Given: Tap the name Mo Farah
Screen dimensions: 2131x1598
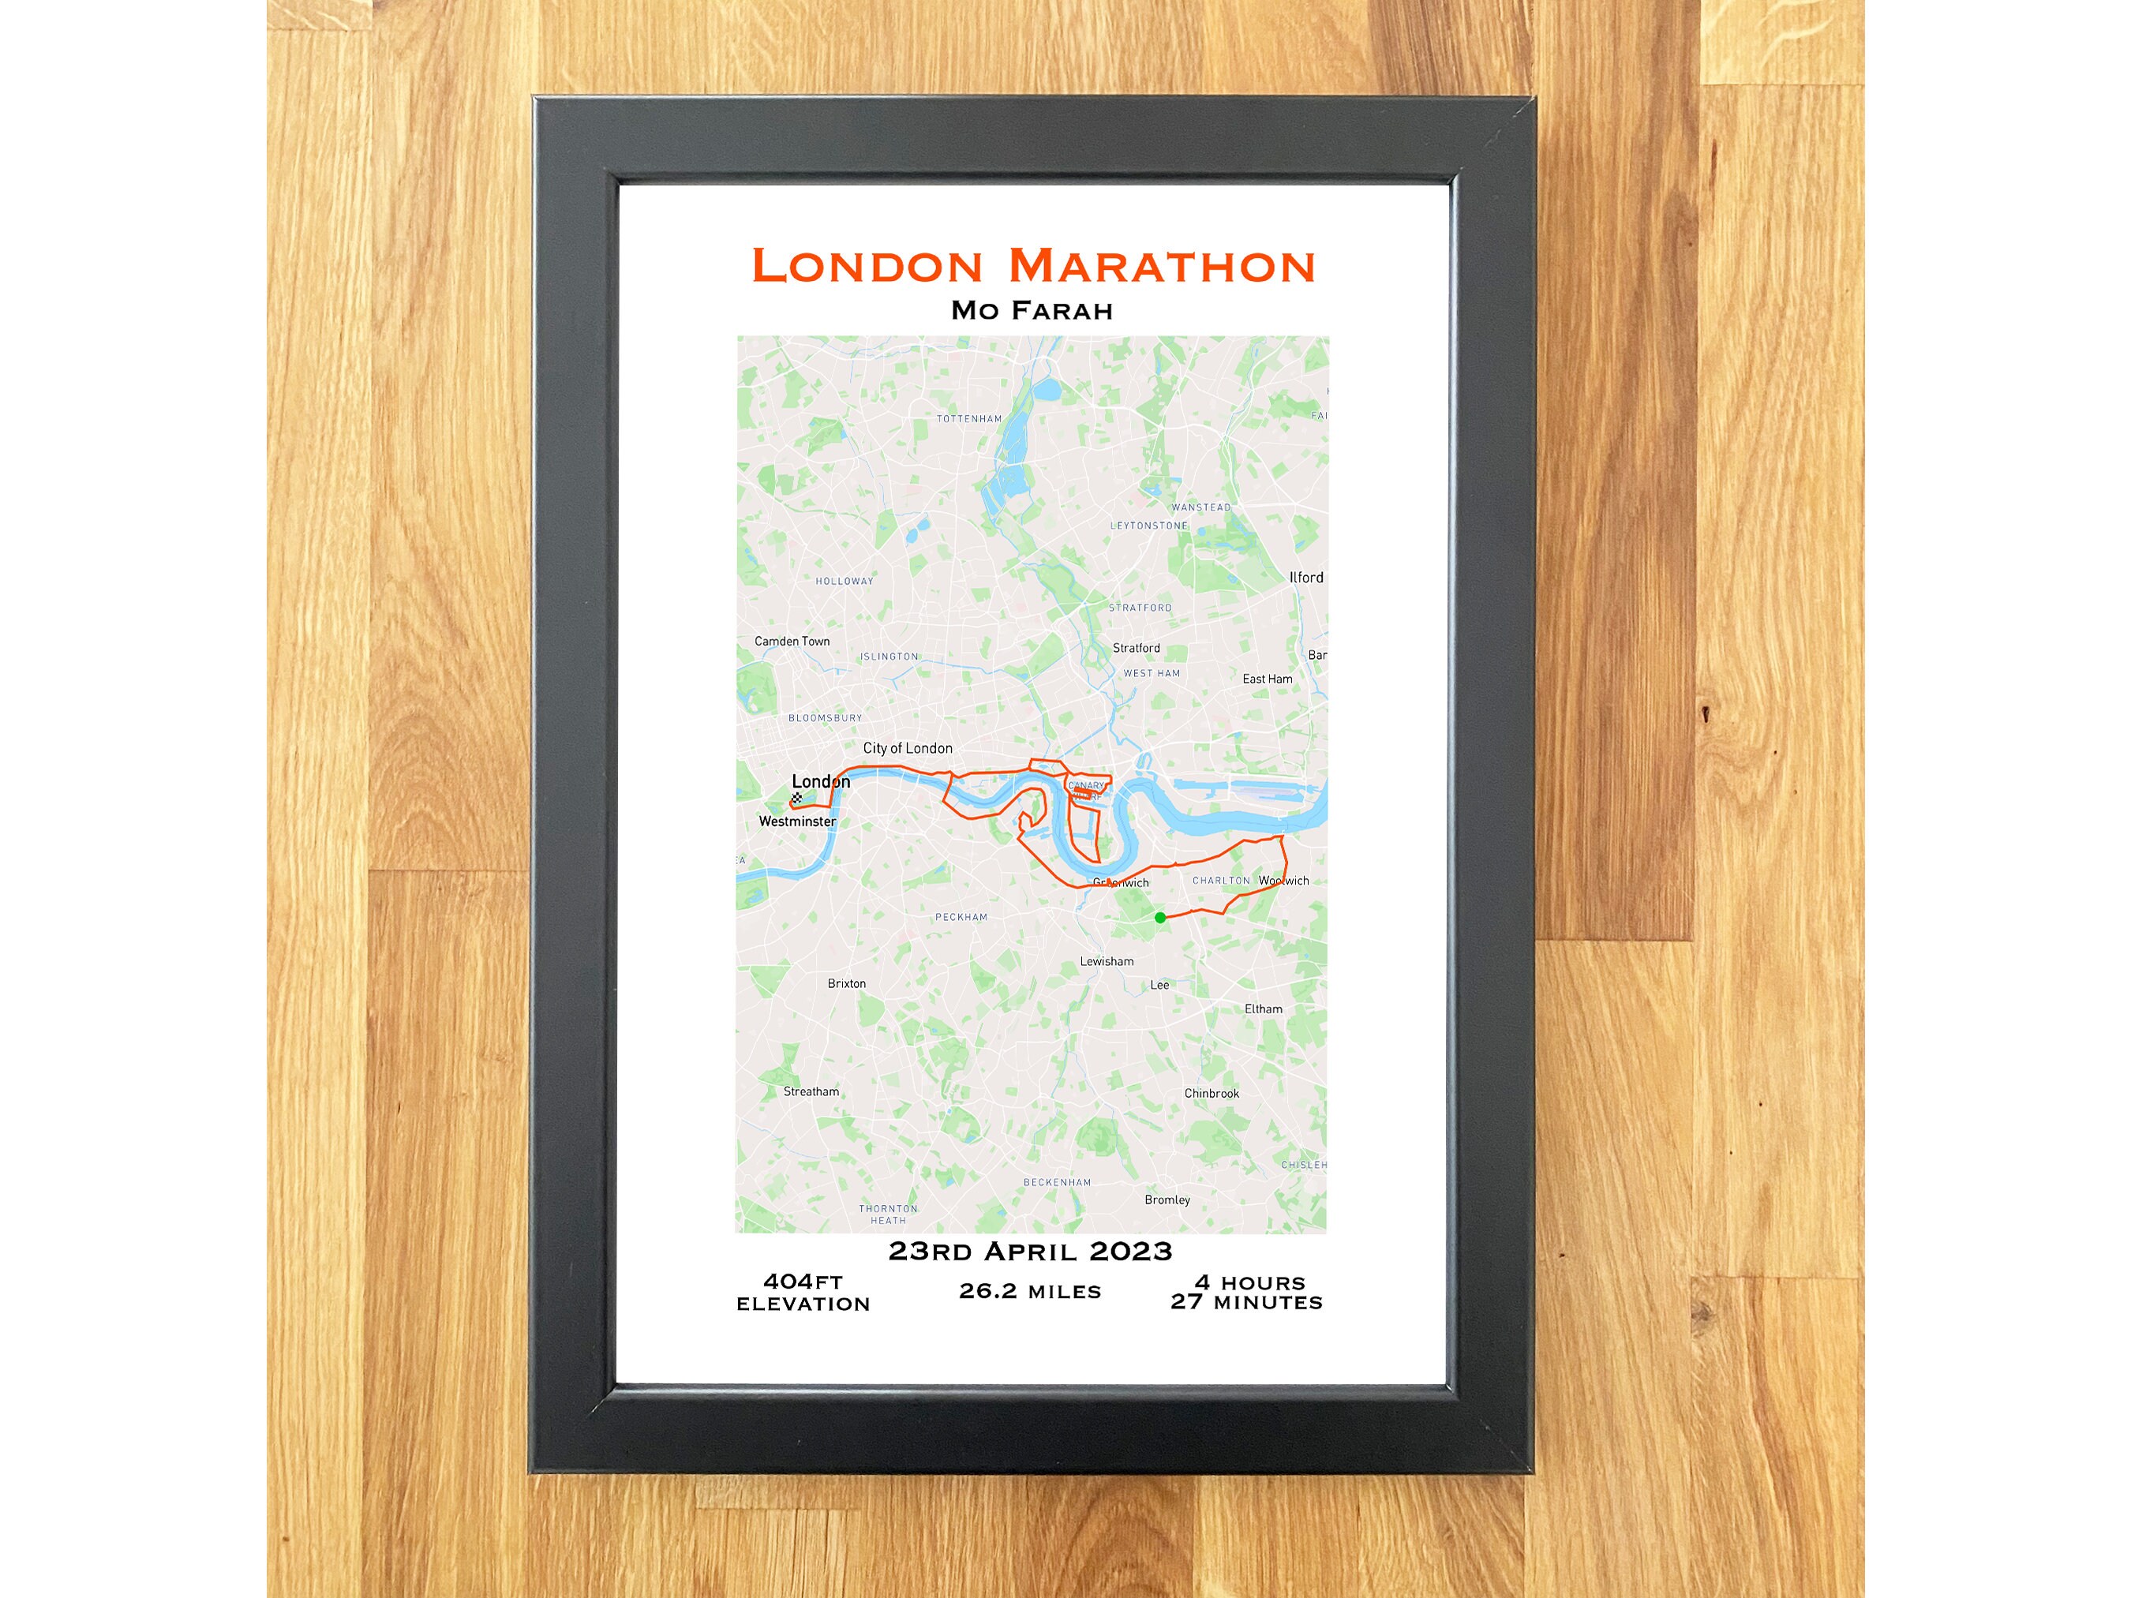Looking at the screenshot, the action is pyautogui.click(x=1032, y=311).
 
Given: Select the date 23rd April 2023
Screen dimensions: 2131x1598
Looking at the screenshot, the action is pyautogui.click(x=1030, y=1252).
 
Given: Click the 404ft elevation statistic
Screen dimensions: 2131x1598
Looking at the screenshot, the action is pyautogui.click(x=803, y=1292).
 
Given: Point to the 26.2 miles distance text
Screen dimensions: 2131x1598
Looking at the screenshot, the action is pyautogui.click(x=1030, y=1291).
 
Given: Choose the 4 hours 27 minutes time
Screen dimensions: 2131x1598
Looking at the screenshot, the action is pyautogui.click(x=1246, y=1292).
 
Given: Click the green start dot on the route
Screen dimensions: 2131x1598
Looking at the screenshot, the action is pyautogui.click(x=1160, y=918).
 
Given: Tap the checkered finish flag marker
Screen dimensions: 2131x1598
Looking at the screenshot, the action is pyautogui.click(x=796, y=799).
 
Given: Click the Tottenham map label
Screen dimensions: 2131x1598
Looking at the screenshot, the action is pyautogui.click(x=969, y=419).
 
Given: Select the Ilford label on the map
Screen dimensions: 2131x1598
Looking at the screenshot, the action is pyautogui.click(x=1306, y=578).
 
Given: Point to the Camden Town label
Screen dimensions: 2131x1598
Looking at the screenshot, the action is pyautogui.click(x=792, y=642).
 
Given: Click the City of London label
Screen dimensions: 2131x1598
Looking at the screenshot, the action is pyautogui.click(x=908, y=748).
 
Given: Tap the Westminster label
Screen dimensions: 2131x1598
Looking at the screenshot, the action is pyautogui.click(x=798, y=821).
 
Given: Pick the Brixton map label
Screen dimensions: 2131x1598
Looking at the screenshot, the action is pyautogui.click(x=847, y=983).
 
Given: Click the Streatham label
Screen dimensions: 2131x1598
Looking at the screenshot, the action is pyautogui.click(x=811, y=1091).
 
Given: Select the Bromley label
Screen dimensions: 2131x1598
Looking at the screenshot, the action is pyautogui.click(x=1167, y=1199).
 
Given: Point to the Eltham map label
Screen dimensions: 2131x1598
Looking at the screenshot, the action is pyautogui.click(x=1263, y=1009).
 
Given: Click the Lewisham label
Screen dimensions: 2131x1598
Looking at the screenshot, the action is pyautogui.click(x=1107, y=961).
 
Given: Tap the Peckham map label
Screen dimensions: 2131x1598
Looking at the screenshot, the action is pyautogui.click(x=961, y=917).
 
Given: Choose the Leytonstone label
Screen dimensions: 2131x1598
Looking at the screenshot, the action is pyautogui.click(x=1149, y=526).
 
